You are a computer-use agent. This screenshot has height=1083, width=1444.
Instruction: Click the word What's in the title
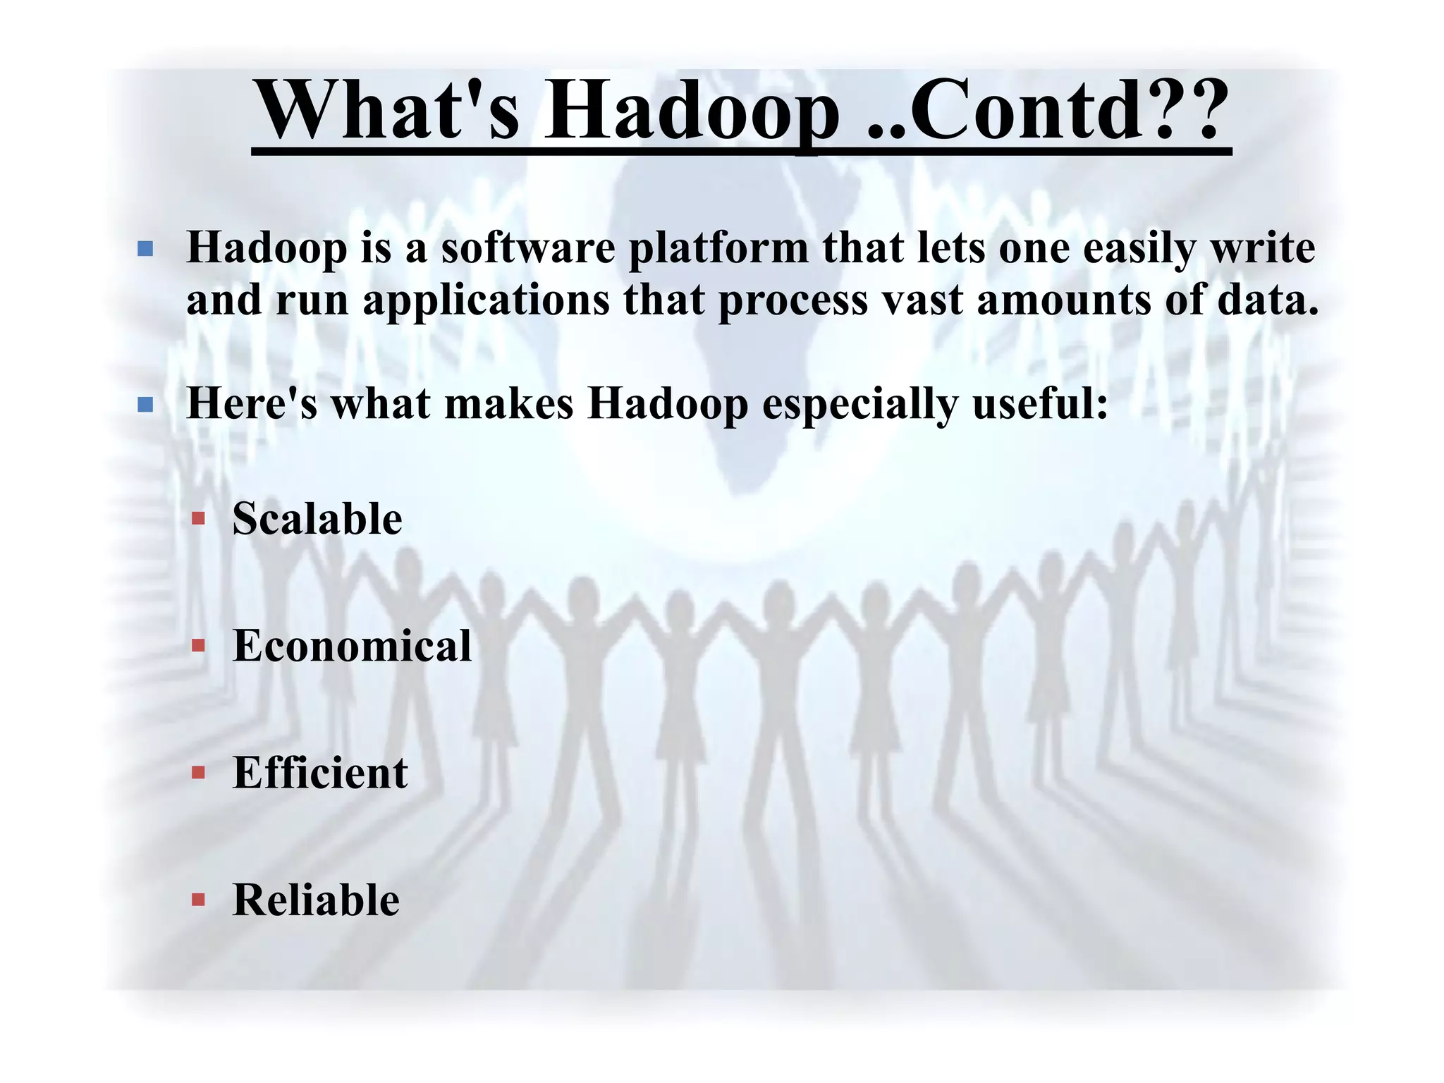pyautogui.click(x=388, y=111)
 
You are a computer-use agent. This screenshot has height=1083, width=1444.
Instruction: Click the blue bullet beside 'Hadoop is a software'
pyautogui.click(x=146, y=249)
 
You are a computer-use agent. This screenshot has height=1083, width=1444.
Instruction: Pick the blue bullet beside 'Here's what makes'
pyautogui.click(x=146, y=405)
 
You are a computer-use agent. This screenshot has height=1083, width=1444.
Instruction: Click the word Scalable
pyautogui.click(x=317, y=520)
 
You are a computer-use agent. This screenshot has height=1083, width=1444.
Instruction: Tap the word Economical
pyautogui.click(x=352, y=646)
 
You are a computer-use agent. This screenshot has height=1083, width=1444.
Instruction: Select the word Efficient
pyautogui.click(x=320, y=773)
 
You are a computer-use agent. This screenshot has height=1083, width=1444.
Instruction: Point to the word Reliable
pyautogui.click(x=316, y=900)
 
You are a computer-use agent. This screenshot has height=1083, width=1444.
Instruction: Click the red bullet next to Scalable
pyautogui.click(x=199, y=520)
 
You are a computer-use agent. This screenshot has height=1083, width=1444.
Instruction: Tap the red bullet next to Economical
pyautogui.click(x=199, y=646)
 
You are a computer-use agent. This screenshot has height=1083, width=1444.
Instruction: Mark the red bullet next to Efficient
pyautogui.click(x=199, y=773)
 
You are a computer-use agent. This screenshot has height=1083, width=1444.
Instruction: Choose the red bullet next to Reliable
pyautogui.click(x=199, y=900)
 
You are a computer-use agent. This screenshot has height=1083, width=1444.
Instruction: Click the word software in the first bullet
pyautogui.click(x=528, y=248)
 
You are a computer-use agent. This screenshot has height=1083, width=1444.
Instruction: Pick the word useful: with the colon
pyautogui.click(x=1040, y=405)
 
